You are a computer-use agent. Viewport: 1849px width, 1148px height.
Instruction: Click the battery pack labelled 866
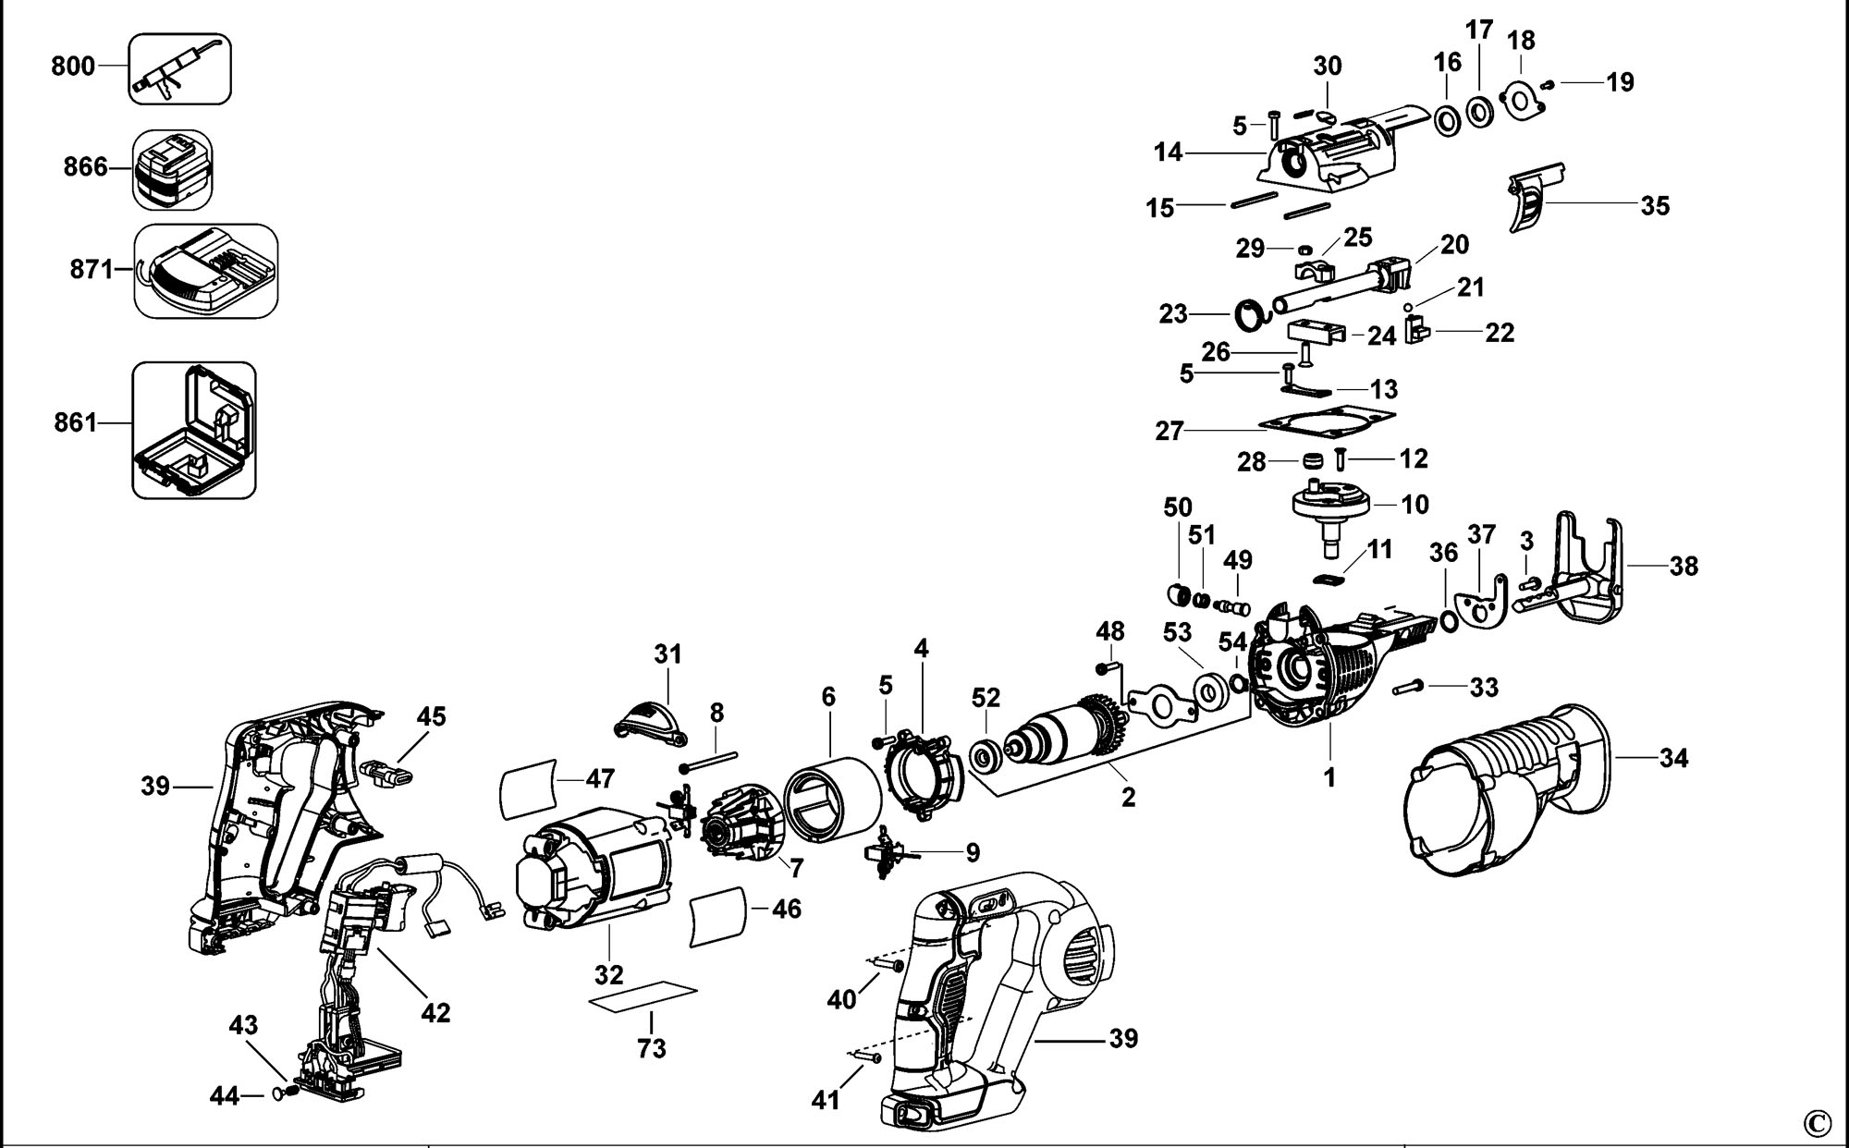[173, 169]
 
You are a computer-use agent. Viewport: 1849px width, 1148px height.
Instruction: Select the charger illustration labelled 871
[206, 271]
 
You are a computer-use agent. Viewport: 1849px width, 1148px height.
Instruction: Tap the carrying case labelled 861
[194, 431]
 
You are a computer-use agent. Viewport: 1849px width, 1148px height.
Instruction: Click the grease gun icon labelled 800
[179, 68]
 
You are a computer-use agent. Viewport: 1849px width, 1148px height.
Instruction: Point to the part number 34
[1673, 759]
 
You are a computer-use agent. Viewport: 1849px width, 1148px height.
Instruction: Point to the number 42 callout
[435, 1012]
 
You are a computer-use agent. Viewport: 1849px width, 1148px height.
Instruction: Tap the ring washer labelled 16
[1446, 120]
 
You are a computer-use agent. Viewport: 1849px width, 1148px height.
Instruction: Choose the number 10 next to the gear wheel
[1414, 504]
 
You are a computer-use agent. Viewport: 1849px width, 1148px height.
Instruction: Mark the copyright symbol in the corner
[1816, 1123]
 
